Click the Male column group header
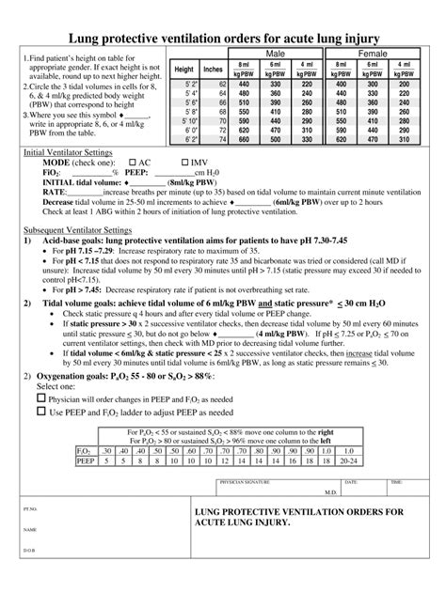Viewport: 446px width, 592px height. (277, 55)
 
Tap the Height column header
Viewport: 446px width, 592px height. (184, 70)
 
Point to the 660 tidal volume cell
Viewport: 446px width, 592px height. (245, 139)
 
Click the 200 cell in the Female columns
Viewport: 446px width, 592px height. (404, 85)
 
